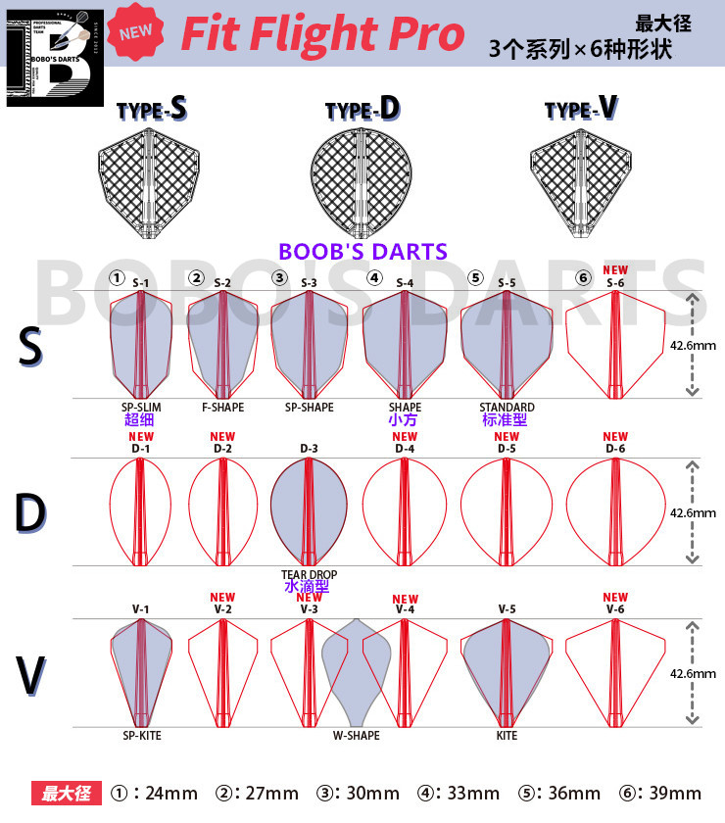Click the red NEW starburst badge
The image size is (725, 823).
pos(136,31)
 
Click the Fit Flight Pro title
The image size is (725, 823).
pos(322,35)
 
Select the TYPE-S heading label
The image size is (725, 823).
pos(152,109)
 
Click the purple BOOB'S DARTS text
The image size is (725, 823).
pos(362,251)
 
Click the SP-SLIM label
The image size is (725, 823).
pos(140,407)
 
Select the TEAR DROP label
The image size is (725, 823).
pos(309,575)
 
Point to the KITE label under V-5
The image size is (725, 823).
pos(507,735)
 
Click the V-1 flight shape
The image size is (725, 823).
pos(141,671)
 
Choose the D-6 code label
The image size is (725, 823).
pos(615,449)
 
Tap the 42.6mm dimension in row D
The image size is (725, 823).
pos(693,512)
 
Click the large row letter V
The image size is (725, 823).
pos(31,676)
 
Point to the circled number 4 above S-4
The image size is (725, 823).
pos(374,277)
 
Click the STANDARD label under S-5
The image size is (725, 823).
pos(507,407)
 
